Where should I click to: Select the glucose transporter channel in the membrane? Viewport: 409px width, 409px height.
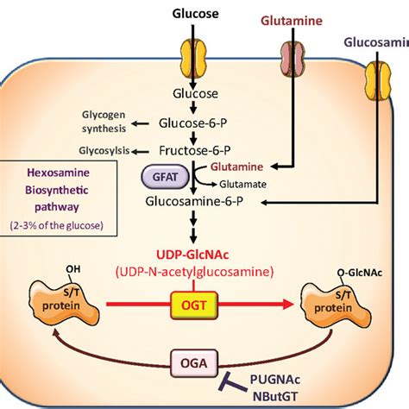[194, 55]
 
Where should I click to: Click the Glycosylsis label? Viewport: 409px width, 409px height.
[103, 150]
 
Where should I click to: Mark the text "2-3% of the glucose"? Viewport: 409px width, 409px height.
[60, 226]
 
